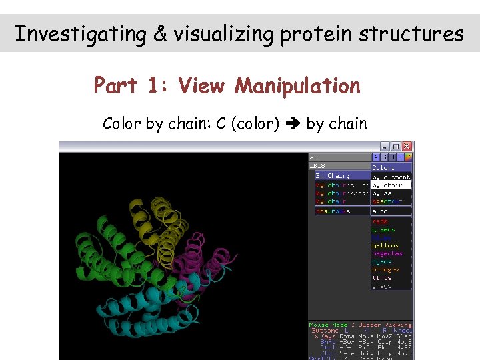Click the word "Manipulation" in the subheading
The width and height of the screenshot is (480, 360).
coord(297,86)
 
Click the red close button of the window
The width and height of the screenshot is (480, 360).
coord(407,146)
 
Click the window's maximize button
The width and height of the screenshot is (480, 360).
coord(395,146)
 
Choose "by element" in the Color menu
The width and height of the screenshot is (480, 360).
coord(391,177)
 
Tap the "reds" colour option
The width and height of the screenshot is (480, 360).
coord(380,221)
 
